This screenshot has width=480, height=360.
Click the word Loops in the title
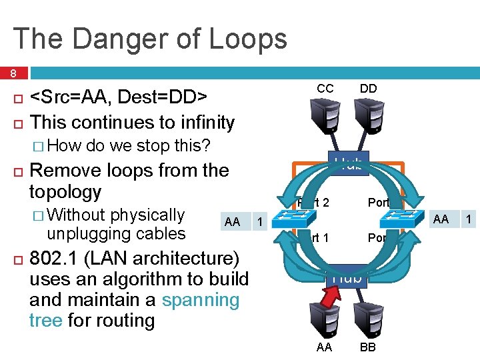click(247, 39)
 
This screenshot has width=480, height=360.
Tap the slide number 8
click(13, 73)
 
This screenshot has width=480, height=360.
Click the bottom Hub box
click(347, 277)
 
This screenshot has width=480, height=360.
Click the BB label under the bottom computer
click(368, 347)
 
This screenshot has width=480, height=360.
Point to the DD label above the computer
click(368, 89)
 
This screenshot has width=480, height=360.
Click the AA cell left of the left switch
click(233, 221)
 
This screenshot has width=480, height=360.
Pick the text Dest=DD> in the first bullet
click(168, 99)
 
